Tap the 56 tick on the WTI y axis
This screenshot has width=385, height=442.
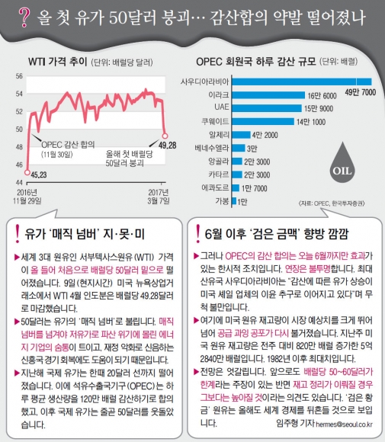coord(20,76)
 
